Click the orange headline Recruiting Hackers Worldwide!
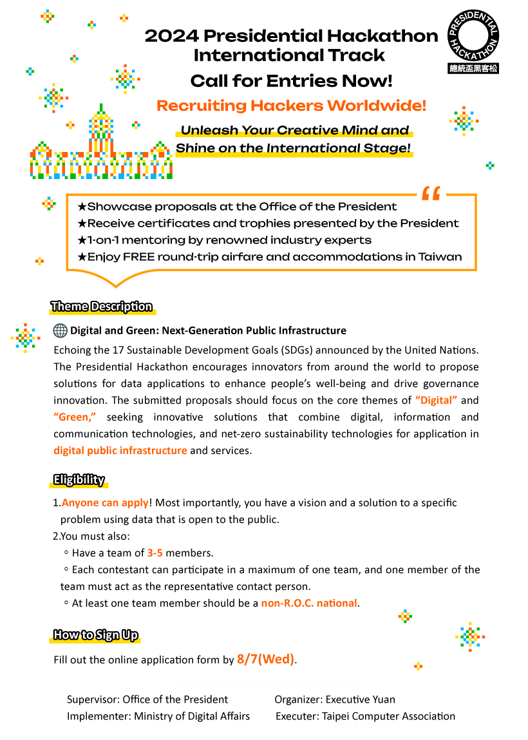click(x=291, y=106)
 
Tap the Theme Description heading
click(x=102, y=307)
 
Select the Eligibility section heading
click(x=79, y=479)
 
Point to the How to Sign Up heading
click(x=95, y=635)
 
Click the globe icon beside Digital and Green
click(x=61, y=330)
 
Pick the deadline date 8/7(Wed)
click(x=265, y=659)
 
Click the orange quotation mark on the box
click(x=431, y=194)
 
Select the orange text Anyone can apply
click(x=105, y=502)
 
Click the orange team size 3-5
click(x=155, y=553)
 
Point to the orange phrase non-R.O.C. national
click(x=308, y=603)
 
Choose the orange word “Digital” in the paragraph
click(x=436, y=400)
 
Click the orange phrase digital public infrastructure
click(x=120, y=450)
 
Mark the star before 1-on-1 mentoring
click(x=82, y=240)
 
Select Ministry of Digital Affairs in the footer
click(x=192, y=716)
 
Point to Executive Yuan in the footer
click(x=361, y=699)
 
